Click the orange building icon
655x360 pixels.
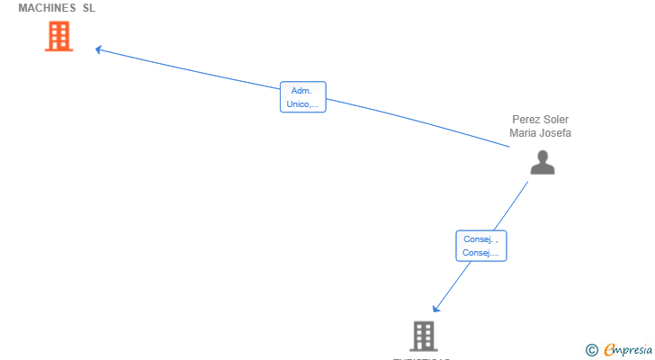pos(58,37)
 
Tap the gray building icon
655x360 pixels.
pos(424,336)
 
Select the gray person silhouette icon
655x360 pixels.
pos(542,162)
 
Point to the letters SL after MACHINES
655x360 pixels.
pos(89,8)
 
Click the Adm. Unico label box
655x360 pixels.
pos(302,97)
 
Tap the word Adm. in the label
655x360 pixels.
pos(301,91)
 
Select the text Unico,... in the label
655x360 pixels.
pos(302,104)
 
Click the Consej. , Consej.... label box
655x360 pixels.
pos(481,246)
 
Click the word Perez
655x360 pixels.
pos(527,119)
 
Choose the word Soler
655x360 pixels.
pos(557,119)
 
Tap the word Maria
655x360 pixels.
pos(524,133)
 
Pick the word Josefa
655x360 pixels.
pos(556,133)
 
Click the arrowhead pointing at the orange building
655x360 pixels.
pos(99,49)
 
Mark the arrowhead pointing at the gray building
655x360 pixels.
pos(435,309)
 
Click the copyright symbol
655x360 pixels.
pos(591,350)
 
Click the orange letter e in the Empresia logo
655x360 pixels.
pos(609,350)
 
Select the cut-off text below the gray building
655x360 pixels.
pos(421,358)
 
